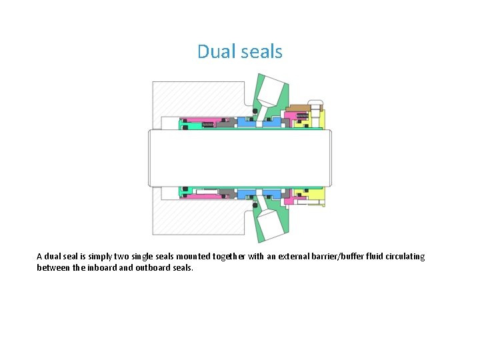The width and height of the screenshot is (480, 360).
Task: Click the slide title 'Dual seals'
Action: pos(240,51)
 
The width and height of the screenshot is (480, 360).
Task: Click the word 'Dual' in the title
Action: pos(212,51)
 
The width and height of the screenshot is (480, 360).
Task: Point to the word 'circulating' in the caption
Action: pos(403,257)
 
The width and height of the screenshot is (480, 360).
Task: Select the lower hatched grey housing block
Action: pos(193,217)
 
